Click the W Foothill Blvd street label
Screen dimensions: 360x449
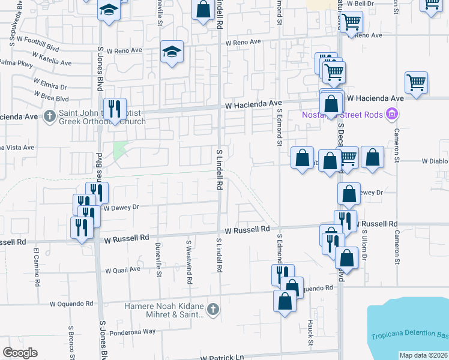tap(38, 41)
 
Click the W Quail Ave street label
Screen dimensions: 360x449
tap(122, 270)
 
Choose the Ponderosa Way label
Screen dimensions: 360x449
tap(132, 331)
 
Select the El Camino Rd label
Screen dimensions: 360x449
tap(37, 264)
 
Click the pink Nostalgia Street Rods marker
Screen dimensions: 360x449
tap(392, 113)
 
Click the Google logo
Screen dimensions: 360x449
tap(20, 353)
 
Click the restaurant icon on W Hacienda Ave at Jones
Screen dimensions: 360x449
tap(115, 109)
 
